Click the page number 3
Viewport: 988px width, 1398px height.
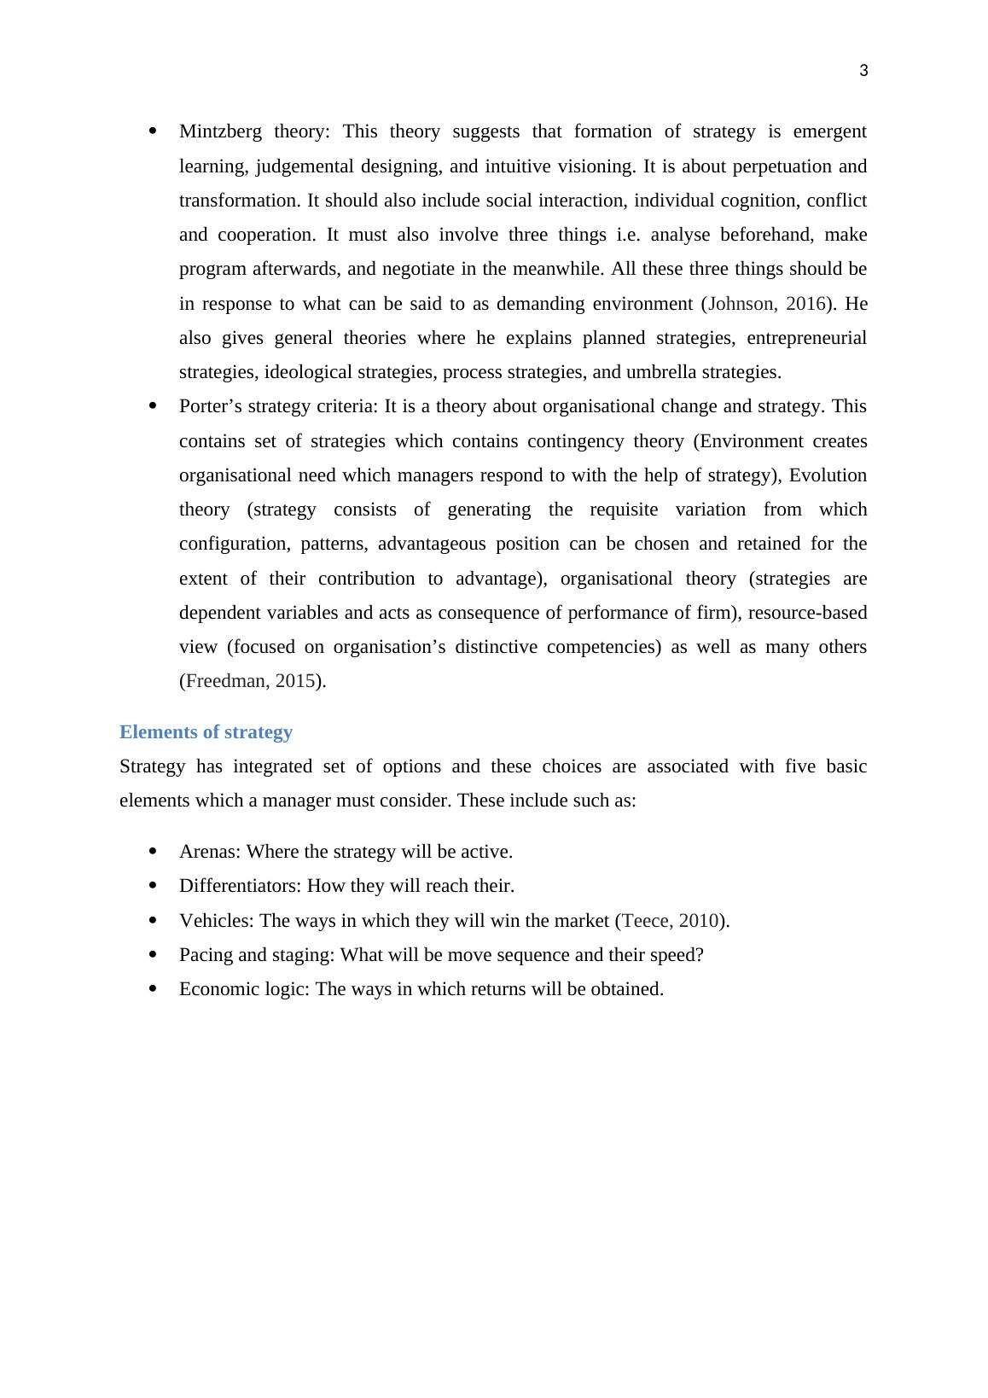(x=863, y=72)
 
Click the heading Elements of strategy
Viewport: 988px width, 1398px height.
(x=206, y=732)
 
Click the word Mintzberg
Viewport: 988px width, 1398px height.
(x=220, y=131)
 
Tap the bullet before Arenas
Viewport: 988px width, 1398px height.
(x=153, y=852)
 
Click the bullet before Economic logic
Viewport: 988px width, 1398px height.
(x=153, y=989)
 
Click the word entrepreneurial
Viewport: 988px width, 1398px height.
(x=805, y=338)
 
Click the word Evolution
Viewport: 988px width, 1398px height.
(x=828, y=475)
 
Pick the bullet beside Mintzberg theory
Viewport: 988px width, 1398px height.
(x=153, y=131)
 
